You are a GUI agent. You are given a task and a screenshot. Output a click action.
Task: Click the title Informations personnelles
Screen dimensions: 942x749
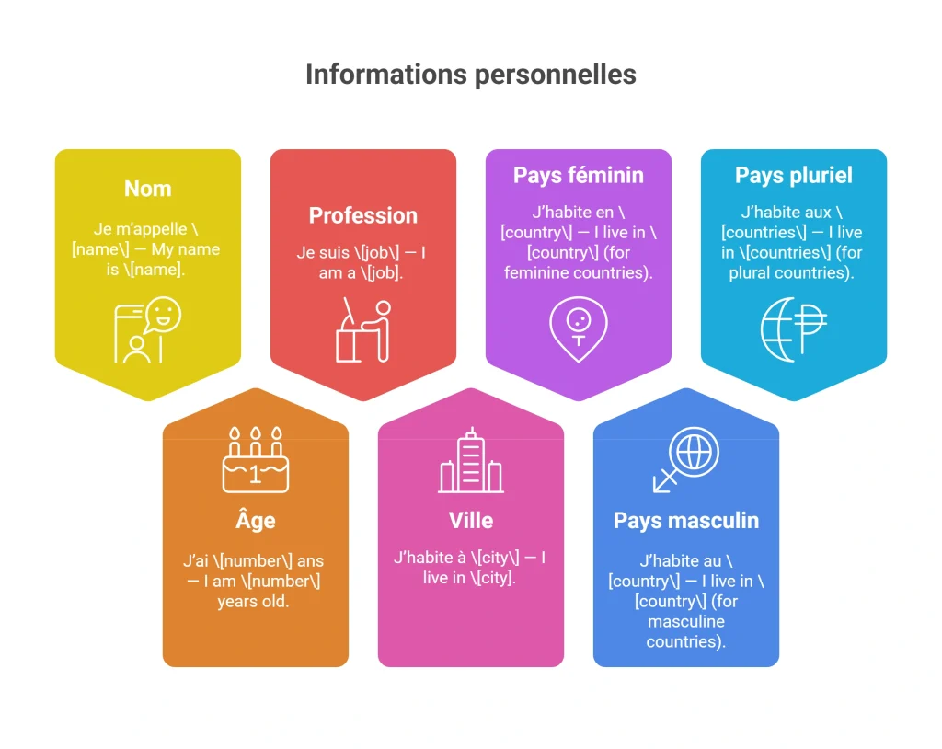pos(471,75)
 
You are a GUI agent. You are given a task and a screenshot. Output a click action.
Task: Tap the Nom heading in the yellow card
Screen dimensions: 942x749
pos(148,189)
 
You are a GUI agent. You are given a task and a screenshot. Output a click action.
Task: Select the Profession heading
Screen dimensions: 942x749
pos(362,215)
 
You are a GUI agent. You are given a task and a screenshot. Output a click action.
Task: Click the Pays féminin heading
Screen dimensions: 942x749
pos(578,175)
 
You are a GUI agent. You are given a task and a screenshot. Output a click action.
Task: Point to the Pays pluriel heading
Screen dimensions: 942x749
pos(794,175)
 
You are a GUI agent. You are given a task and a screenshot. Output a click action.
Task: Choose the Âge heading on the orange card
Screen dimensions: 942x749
pos(256,519)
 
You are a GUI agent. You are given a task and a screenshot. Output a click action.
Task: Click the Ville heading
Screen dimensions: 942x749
pos(471,521)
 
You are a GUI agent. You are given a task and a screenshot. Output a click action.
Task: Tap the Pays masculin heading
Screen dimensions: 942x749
pos(686,521)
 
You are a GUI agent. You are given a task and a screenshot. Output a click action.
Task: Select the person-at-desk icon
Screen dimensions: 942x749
pos(363,329)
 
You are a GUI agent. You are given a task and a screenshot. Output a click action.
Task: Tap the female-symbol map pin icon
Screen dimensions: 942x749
pos(578,329)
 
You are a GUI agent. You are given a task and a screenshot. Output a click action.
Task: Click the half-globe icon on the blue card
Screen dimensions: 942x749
pos(794,329)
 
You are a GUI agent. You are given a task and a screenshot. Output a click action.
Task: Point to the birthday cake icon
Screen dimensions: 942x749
pos(256,460)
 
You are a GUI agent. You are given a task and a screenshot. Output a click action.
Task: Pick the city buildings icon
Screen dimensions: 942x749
pos(471,460)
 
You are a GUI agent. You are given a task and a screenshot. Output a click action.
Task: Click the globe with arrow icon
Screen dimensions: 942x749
pos(686,460)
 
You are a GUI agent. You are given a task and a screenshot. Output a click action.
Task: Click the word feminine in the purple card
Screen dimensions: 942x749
pos(535,273)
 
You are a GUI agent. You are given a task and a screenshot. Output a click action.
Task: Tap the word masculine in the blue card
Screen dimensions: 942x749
pos(686,622)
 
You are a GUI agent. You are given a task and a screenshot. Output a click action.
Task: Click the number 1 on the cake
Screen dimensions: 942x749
pos(255,475)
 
